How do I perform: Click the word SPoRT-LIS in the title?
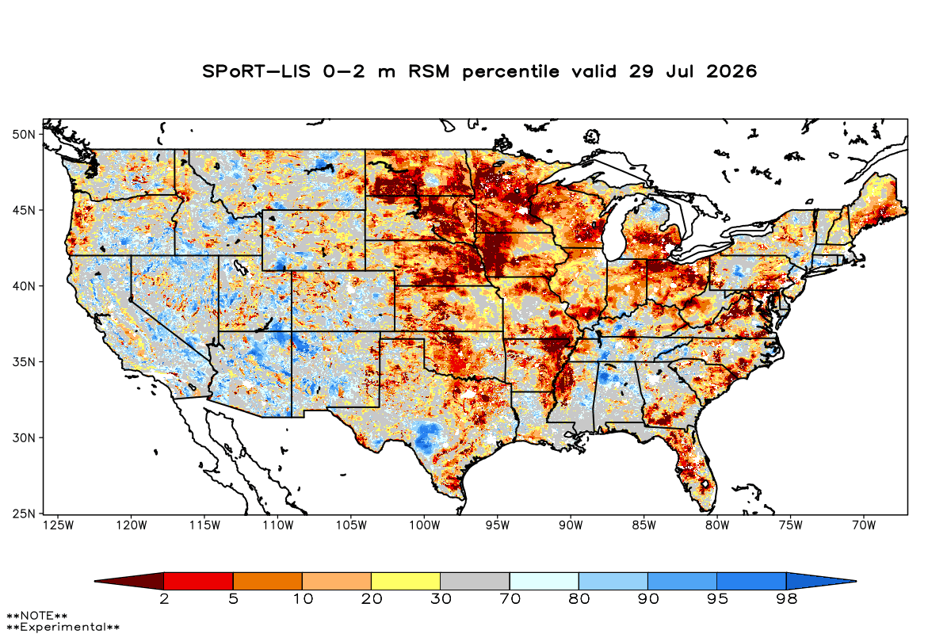pyautogui.click(x=256, y=71)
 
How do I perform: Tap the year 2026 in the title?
pyautogui.click(x=731, y=71)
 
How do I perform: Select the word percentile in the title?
pyautogui.click(x=510, y=72)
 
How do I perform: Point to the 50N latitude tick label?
pyautogui.click(x=24, y=135)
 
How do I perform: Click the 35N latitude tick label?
pyautogui.click(x=24, y=362)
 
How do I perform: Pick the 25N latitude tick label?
pyautogui.click(x=24, y=514)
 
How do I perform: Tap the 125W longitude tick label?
pyautogui.click(x=59, y=525)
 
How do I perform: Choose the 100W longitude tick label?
pyautogui.click(x=425, y=525)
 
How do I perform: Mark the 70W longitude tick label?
pyautogui.click(x=864, y=525)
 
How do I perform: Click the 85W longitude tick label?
pyautogui.click(x=644, y=525)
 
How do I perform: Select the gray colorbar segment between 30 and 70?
pyautogui.click(x=475, y=581)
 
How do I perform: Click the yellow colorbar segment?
pyautogui.click(x=406, y=581)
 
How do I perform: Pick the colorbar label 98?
pyautogui.click(x=786, y=599)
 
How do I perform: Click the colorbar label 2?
pyautogui.click(x=164, y=599)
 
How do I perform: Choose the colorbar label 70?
pyautogui.click(x=510, y=599)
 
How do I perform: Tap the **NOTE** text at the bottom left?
pyautogui.click(x=37, y=615)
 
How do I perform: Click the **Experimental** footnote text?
pyautogui.click(x=63, y=627)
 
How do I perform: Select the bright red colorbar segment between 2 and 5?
pyautogui.click(x=199, y=581)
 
